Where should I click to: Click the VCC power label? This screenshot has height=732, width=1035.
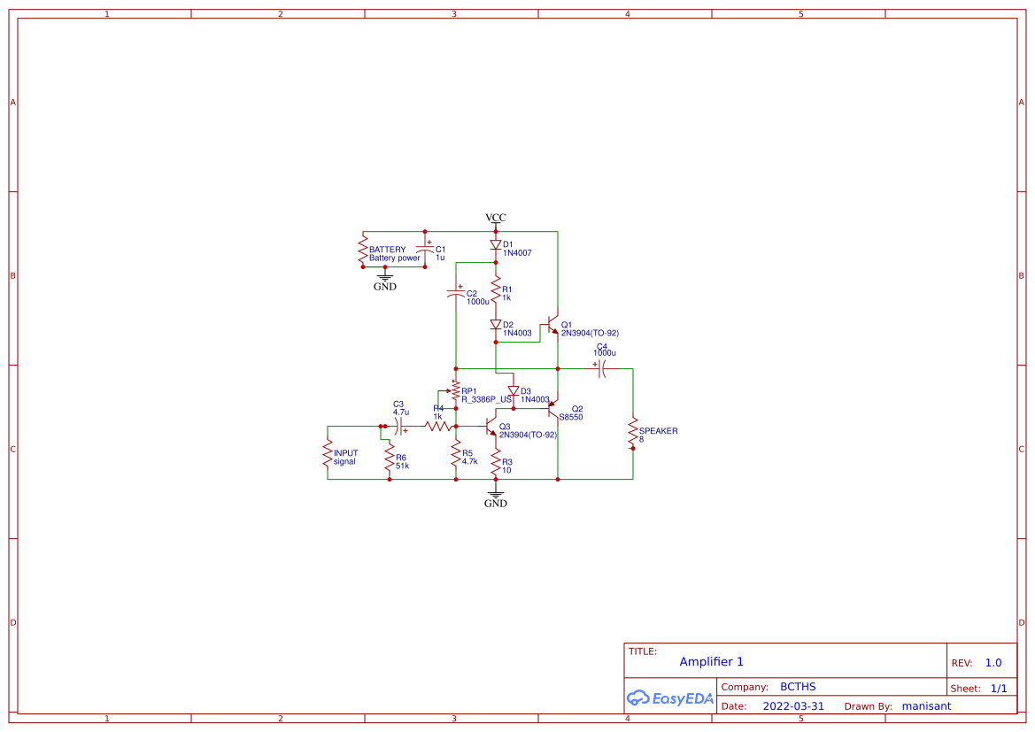coord(496,218)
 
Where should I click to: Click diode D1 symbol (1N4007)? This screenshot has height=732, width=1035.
coord(496,245)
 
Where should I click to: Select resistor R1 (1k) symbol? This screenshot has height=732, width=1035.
coord(496,289)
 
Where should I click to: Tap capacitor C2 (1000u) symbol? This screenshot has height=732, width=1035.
coord(456,293)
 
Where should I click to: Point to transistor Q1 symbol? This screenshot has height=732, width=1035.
coord(553,326)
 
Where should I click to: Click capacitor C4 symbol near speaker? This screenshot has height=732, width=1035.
coord(601,368)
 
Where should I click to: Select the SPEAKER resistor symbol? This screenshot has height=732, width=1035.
coord(633,434)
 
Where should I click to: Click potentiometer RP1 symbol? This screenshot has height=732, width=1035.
coord(455,391)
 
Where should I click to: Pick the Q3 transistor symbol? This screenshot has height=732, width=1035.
coord(491,428)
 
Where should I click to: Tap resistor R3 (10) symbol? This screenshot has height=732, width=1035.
coord(496,462)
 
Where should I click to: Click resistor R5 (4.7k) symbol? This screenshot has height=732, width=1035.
coord(456,455)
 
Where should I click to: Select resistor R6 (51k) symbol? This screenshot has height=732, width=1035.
coord(390,458)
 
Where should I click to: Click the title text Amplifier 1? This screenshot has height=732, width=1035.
coord(711,662)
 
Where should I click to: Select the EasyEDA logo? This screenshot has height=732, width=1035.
coord(670,698)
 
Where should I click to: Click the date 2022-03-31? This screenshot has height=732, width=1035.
coord(793,706)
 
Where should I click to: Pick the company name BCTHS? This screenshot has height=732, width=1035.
coord(797,687)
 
